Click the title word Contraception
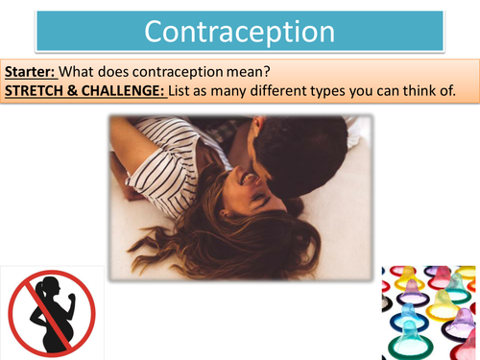point(240,31)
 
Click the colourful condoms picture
point(430,312)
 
